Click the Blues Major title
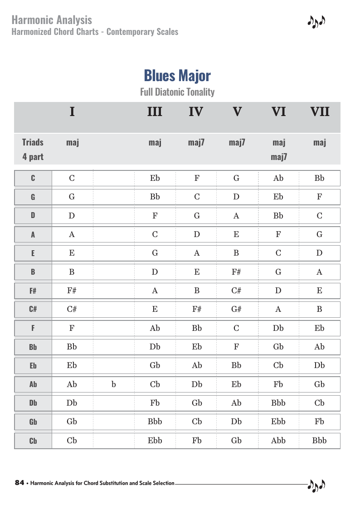pos(177,76)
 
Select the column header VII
pos(320,111)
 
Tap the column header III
pos(155,111)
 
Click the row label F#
pos(33,291)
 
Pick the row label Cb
pos(33,441)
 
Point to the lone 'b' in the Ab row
pos(113,384)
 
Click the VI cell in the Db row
pos(278,403)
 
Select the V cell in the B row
pos(236,272)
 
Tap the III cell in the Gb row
pos(155,422)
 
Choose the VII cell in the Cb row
pos(320,440)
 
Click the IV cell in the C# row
pos(197,310)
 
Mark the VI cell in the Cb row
pos(278,440)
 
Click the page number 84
pos(19,483)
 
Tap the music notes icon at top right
pos(316,22)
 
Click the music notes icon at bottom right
pos(316,485)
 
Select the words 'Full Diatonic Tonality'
pos(177,92)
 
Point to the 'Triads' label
pos(33,142)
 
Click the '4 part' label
pos(33,157)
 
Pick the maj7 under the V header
pos(237,142)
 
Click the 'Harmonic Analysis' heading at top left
pos(52,20)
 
